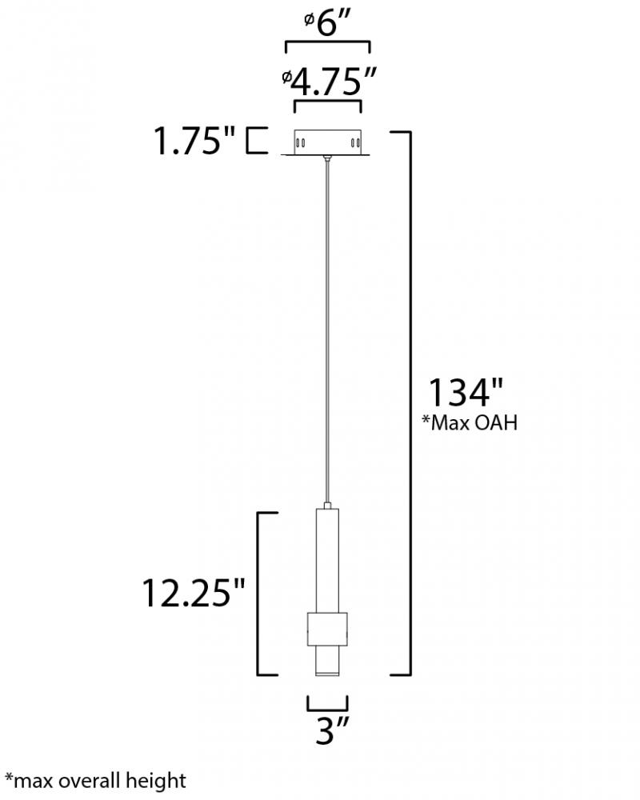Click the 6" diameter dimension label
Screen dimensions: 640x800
coord(326,23)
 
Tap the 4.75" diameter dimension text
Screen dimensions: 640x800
coord(329,81)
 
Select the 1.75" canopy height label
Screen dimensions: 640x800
coord(194,141)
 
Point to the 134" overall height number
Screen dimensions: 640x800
coord(466,392)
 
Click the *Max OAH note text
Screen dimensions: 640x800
coord(470,423)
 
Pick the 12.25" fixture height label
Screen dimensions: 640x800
coord(193,594)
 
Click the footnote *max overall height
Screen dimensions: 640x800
coord(95,781)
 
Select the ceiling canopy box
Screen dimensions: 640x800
coord(327,142)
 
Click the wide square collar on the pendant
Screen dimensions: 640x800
coord(327,630)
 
